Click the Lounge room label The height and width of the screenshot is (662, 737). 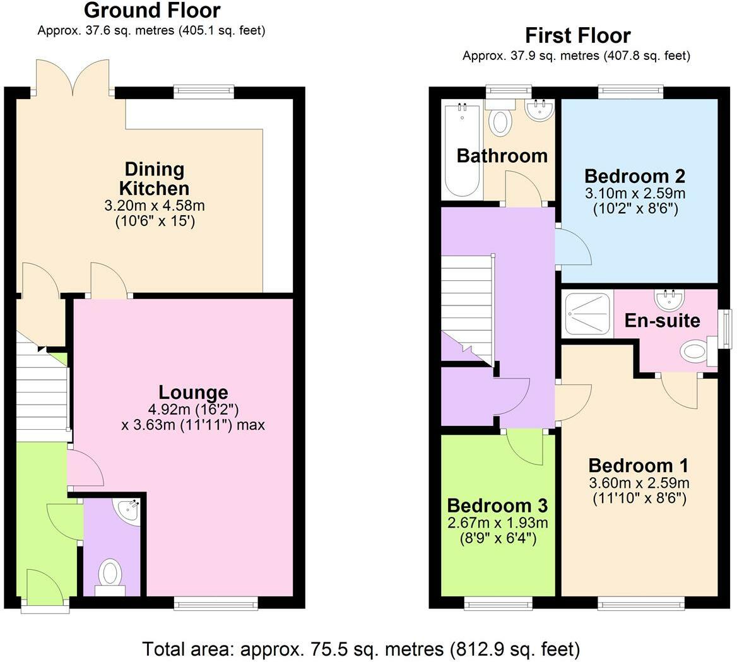click(x=193, y=393)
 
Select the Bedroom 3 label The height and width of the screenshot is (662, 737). click(x=497, y=505)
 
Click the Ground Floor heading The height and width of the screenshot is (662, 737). click(x=152, y=11)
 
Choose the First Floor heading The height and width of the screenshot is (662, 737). click(x=577, y=35)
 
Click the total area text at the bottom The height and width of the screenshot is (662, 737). click(x=360, y=648)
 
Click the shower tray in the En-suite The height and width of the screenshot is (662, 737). click(x=587, y=313)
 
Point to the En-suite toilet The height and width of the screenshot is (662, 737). click(x=695, y=352)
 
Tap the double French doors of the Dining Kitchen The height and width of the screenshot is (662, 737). click(x=73, y=77)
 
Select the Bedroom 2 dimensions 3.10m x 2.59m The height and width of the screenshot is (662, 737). click(x=635, y=193)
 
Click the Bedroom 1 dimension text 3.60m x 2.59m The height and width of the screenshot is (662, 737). click(x=639, y=483)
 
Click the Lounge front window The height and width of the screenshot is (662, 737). click(x=216, y=604)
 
